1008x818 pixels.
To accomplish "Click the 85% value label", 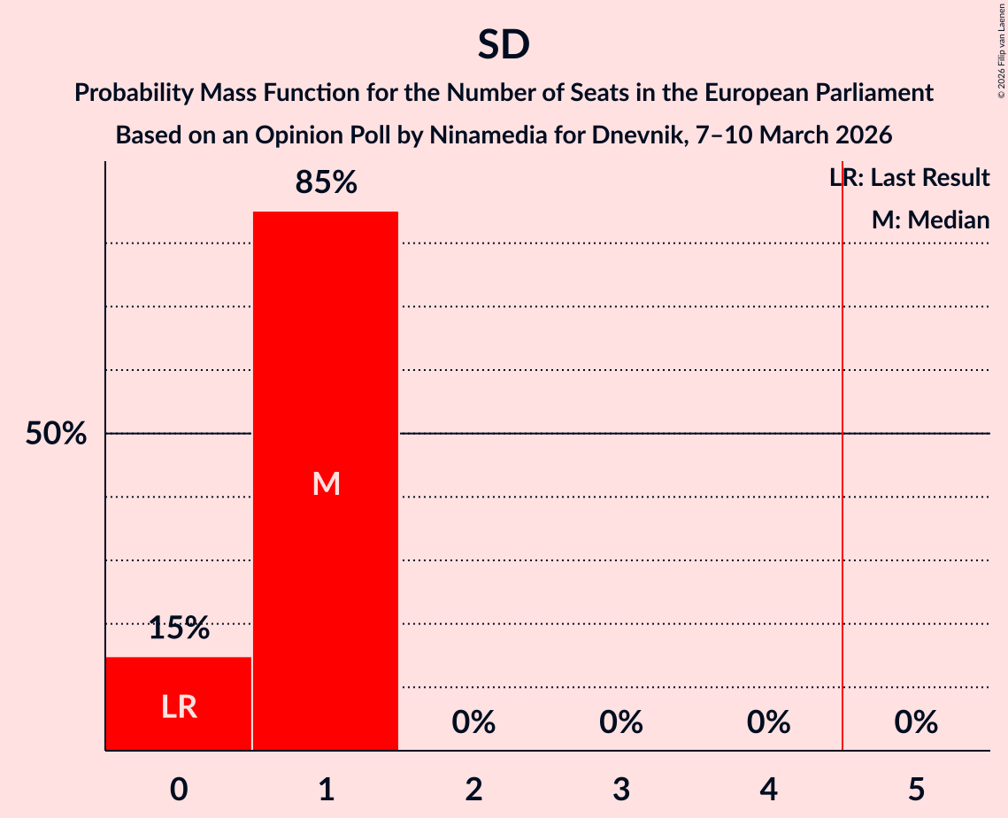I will click(326, 183).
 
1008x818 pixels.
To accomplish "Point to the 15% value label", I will click(179, 629).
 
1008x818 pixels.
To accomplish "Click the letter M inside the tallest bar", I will click(326, 483).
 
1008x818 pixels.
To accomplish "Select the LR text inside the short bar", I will click(179, 706).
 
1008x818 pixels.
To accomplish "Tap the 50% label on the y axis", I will click(56, 434).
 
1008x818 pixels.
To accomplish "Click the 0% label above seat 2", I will click(473, 722).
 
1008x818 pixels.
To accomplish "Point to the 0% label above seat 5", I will click(916, 722).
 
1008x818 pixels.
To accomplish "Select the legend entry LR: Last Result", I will click(909, 178).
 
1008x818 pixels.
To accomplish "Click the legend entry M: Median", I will click(930, 220).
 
